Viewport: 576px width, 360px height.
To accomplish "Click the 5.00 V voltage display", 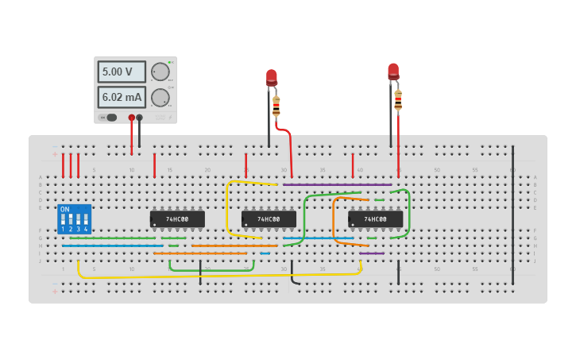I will pos(122,72).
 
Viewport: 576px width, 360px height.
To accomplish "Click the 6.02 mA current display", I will pos(122,97).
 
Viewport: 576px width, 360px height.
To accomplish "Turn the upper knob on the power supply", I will pos(160,72).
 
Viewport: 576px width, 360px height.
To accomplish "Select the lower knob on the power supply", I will pos(160,97).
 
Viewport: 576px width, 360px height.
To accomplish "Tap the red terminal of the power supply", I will pos(132,118).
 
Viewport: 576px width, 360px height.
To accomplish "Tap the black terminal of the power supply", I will pos(140,118).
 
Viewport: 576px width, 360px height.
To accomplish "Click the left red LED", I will pos(272,77).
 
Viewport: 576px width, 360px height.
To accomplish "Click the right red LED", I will pos(393,72).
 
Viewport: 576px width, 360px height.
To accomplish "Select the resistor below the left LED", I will pos(276,106).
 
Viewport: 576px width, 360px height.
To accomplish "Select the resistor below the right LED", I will pos(398,100).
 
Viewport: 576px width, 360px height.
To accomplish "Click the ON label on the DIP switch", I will pos(65,210).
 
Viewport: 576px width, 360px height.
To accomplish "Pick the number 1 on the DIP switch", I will pos(63,229).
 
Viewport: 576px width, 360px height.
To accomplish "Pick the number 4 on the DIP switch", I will pos(86,229).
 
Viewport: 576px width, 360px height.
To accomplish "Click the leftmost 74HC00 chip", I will pos(177,219).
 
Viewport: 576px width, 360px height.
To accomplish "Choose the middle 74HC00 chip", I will pos(269,219).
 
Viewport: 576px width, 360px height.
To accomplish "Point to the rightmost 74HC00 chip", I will pos(375,219).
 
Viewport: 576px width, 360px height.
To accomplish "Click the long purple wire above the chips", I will pos(338,185).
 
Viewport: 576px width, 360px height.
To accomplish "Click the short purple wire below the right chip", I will pos(372,254).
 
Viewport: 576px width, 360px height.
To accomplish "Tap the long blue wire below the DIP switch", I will pos(111,246).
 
